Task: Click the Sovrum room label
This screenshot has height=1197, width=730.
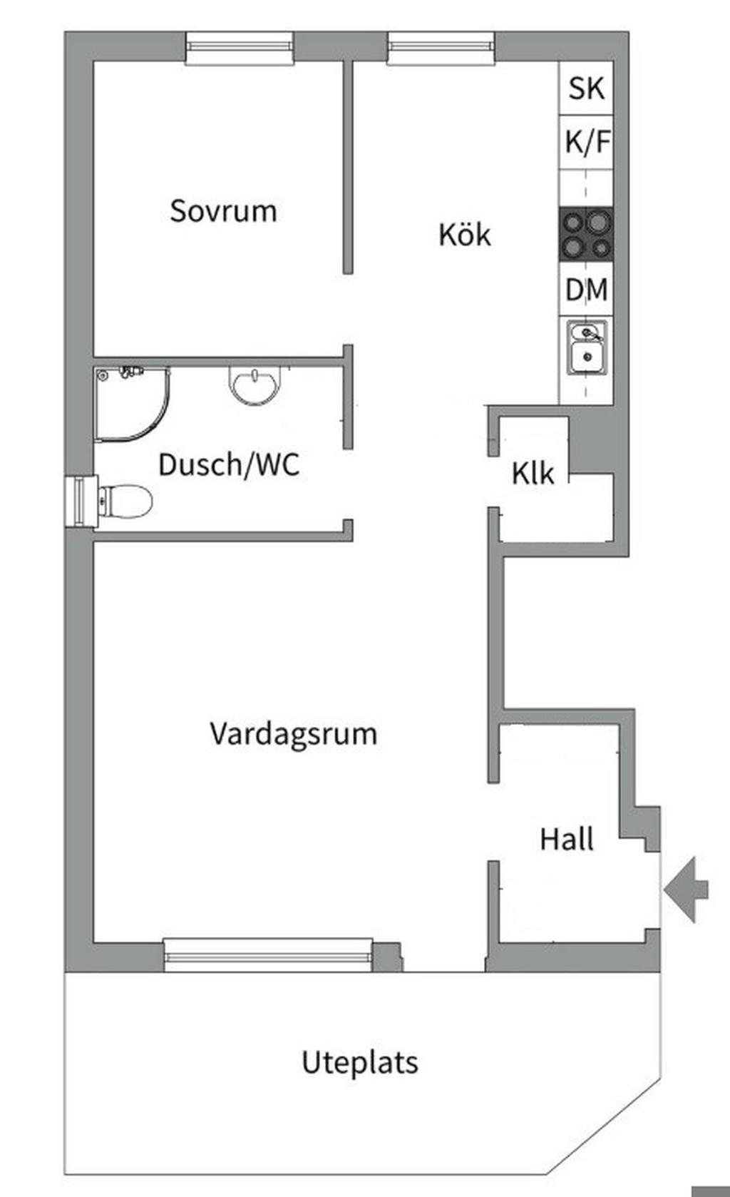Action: [x=223, y=211]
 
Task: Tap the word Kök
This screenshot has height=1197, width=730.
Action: [x=465, y=235]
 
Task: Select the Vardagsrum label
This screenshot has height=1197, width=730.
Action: [x=293, y=734]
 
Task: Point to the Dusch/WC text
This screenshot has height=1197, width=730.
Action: [x=229, y=464]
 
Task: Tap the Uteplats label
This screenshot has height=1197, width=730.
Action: [x=360, y=1062]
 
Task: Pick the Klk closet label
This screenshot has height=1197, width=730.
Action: [x=533, y=473]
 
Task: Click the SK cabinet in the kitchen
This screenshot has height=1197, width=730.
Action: [x=586, y=88]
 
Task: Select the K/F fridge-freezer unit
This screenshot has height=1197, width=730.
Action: [x=586, y=142]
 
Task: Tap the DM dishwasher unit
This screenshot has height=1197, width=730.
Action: [x=586, y=289]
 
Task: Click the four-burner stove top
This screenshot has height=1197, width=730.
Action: [x=586, y=235]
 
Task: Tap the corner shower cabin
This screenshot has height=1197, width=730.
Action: [x=133, y=404]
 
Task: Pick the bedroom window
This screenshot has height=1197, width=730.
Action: [x=240, y=48]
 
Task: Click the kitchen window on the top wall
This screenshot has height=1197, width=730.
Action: [x=441, y=48]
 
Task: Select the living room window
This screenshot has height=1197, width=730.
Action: [x=268, y=955]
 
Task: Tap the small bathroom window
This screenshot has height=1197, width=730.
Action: [x=81, y=501]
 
